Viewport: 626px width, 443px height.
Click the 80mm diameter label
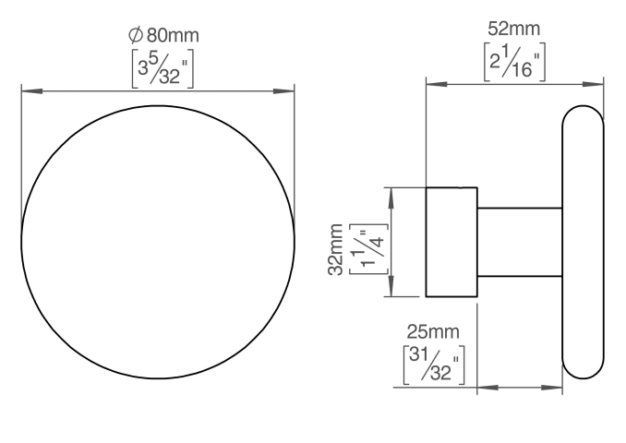click(163, 35)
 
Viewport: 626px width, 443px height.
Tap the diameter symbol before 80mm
click(136, 35)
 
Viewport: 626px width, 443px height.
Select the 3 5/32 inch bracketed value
click(163, 68)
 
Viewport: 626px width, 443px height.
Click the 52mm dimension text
click(513, 29)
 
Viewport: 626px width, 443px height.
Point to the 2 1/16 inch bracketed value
click(514, 62)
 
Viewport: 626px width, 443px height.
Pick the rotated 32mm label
click(335, 249)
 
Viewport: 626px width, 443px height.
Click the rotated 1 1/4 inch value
click(368, 249)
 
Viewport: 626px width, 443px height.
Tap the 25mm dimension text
click(433, 332)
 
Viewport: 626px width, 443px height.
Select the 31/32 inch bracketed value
click(434, 365)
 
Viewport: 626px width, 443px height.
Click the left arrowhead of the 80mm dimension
click(32, 91)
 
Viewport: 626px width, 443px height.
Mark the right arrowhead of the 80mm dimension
click(283, 91)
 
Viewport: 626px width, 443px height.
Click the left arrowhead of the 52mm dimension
click(437, 84)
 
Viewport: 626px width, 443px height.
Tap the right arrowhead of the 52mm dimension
click(593, 84)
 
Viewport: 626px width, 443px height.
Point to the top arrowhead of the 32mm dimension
click(391, 198)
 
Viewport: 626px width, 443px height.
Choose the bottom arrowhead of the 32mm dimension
click(391, 286)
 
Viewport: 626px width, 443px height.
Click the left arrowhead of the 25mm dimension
click(488, 388)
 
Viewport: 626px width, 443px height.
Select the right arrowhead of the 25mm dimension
click(552, 388)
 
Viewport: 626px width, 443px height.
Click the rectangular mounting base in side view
click(451, 242)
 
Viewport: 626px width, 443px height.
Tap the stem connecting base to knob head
click(520, 242)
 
